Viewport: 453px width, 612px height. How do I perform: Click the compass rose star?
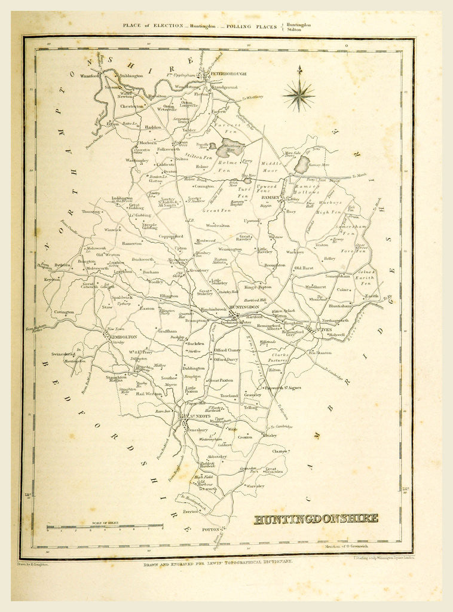[299, 92]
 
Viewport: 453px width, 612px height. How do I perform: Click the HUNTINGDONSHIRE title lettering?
[316, 518]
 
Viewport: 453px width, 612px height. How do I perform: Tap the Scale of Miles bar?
[105, 527]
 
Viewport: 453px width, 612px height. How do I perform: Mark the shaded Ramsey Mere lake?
[302, 164]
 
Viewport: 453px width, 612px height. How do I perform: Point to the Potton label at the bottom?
[213, 530]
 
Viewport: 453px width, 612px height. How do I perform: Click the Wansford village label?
[90, 76]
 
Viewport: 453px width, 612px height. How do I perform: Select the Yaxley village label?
[189, 130]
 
